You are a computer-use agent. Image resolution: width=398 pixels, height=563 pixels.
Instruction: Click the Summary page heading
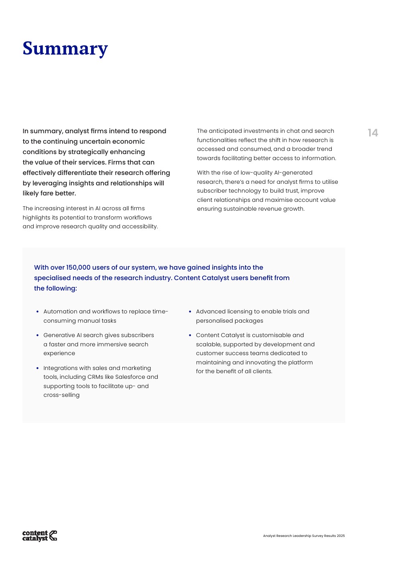tap(65, 49)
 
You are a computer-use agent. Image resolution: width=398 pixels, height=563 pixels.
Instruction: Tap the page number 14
tap(373, 133)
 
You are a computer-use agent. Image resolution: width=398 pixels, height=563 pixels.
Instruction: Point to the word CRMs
tap(95, 377)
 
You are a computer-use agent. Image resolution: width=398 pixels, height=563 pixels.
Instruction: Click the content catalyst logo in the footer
tap(40, 535)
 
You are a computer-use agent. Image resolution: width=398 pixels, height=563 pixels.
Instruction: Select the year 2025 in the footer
tap(341, 536)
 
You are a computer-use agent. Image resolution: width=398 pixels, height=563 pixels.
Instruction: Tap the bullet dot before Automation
tap(37, 311)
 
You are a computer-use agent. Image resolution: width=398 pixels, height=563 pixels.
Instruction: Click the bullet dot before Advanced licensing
tap(190, 311)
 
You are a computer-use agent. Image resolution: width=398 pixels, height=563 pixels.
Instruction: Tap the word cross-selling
tap(61, 395)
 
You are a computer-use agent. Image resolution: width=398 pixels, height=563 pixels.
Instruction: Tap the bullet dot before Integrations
tap(37, 368)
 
